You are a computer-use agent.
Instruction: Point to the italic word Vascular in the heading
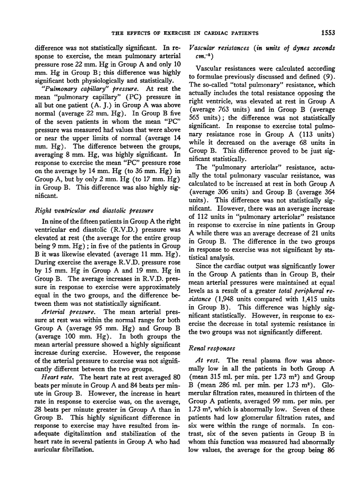pos(201,48)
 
